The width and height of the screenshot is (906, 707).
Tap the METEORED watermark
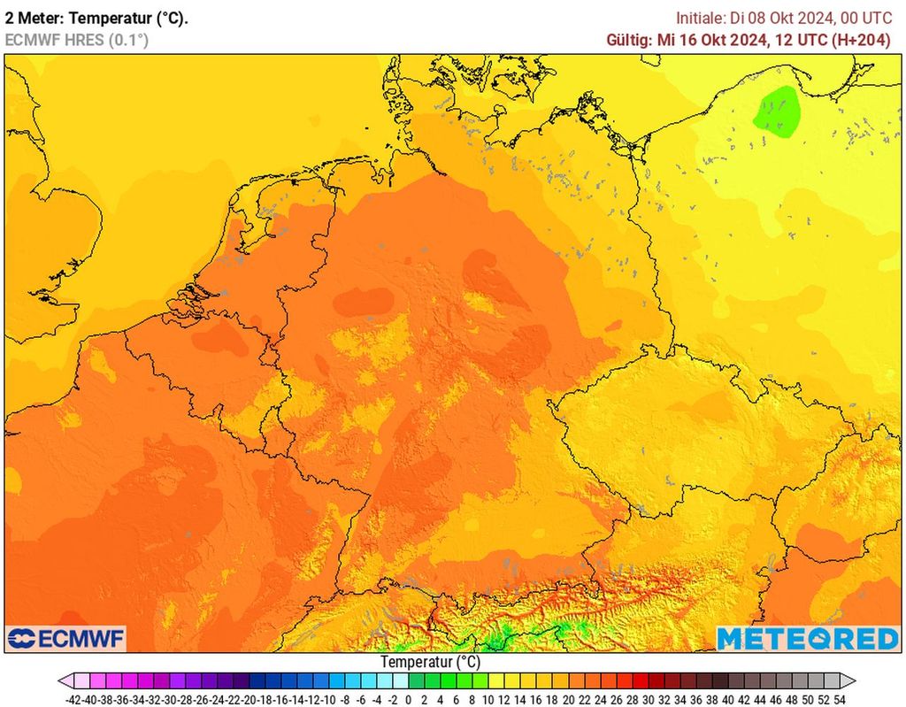(x=807, y=639)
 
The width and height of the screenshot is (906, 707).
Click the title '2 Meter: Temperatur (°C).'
(x=96, y=18)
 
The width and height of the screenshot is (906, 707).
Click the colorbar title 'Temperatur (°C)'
(x=430, y=662)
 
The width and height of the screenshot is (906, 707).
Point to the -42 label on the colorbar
(x=75, y=699)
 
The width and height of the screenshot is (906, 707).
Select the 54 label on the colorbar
(x=839, y=699)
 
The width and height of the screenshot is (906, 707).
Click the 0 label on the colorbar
(x=408, y=699)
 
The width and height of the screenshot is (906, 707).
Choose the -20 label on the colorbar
(x=251, y=699)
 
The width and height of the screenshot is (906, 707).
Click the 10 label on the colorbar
(x=488, y=699)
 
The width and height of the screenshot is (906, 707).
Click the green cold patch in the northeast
(x=777, y=111)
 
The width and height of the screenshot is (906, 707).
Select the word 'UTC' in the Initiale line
(x=875, y=18)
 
